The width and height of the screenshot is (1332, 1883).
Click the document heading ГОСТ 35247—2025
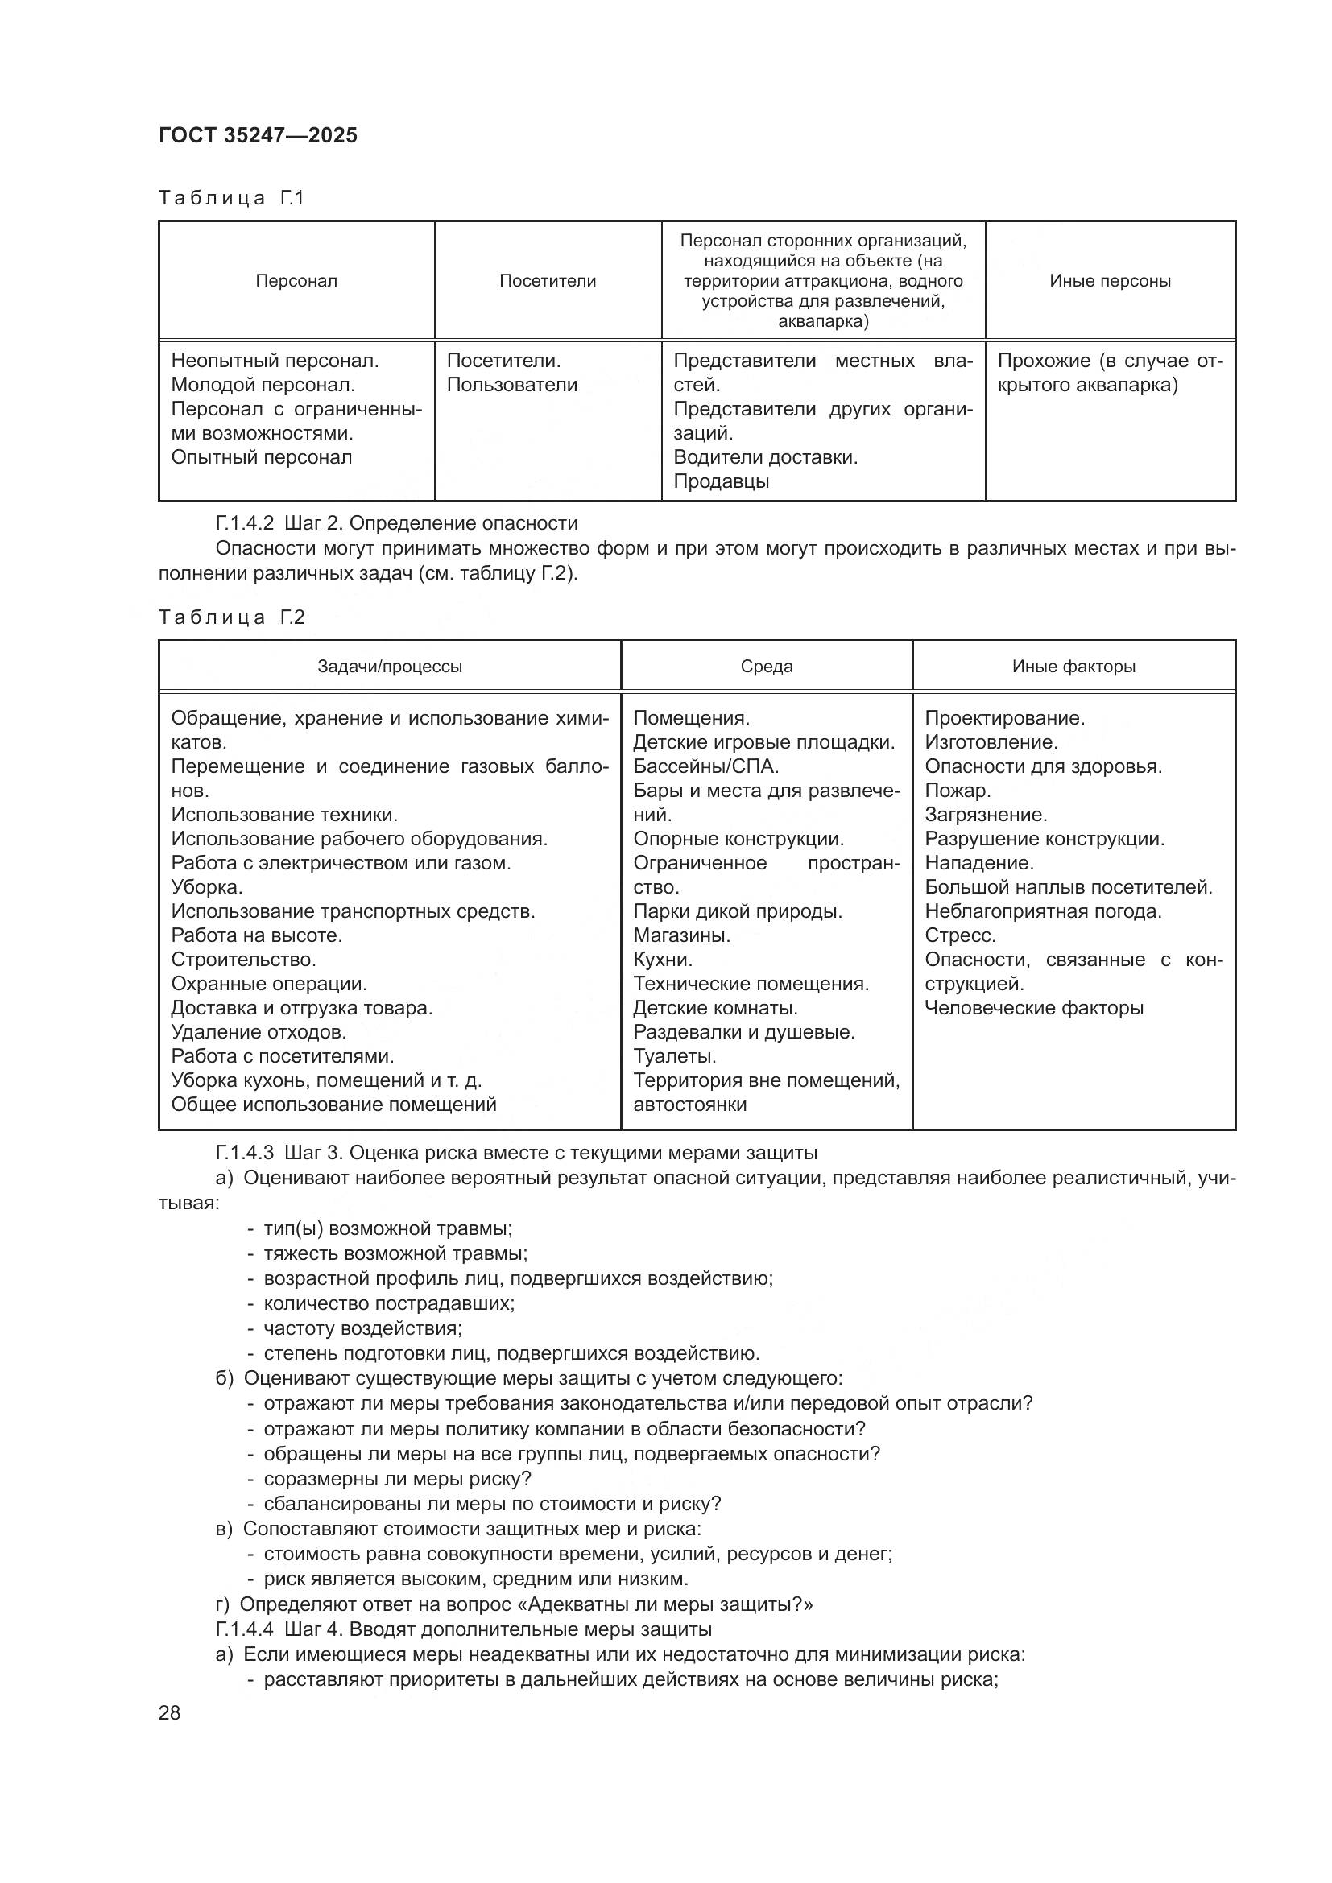pos(258,135)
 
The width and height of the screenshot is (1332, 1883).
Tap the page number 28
pos(170,1712)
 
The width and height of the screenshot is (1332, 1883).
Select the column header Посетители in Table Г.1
pos(547,280)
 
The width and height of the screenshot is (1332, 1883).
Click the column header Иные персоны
pos(1110,280)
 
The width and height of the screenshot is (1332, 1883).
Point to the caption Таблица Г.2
pos(231,617)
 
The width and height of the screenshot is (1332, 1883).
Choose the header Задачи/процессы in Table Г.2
pos(390,666)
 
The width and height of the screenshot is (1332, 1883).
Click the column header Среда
pos(766,666)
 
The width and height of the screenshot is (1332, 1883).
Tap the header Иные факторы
pos(1073,666)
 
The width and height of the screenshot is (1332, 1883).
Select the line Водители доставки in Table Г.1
pos(765,456)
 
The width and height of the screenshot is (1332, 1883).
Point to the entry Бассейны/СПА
pos(705,766)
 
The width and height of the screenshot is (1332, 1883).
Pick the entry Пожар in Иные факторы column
pos(958,790)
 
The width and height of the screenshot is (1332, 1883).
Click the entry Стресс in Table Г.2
pos(960,935)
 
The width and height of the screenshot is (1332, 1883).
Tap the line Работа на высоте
pos(256,935)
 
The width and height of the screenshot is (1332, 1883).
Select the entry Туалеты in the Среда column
pos(674,1055)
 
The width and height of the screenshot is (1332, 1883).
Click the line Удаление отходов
pos(259,1032)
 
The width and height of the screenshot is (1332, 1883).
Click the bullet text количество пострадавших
pos(389,1303)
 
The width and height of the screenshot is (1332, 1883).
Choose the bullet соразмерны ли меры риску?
pos(397,1479)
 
